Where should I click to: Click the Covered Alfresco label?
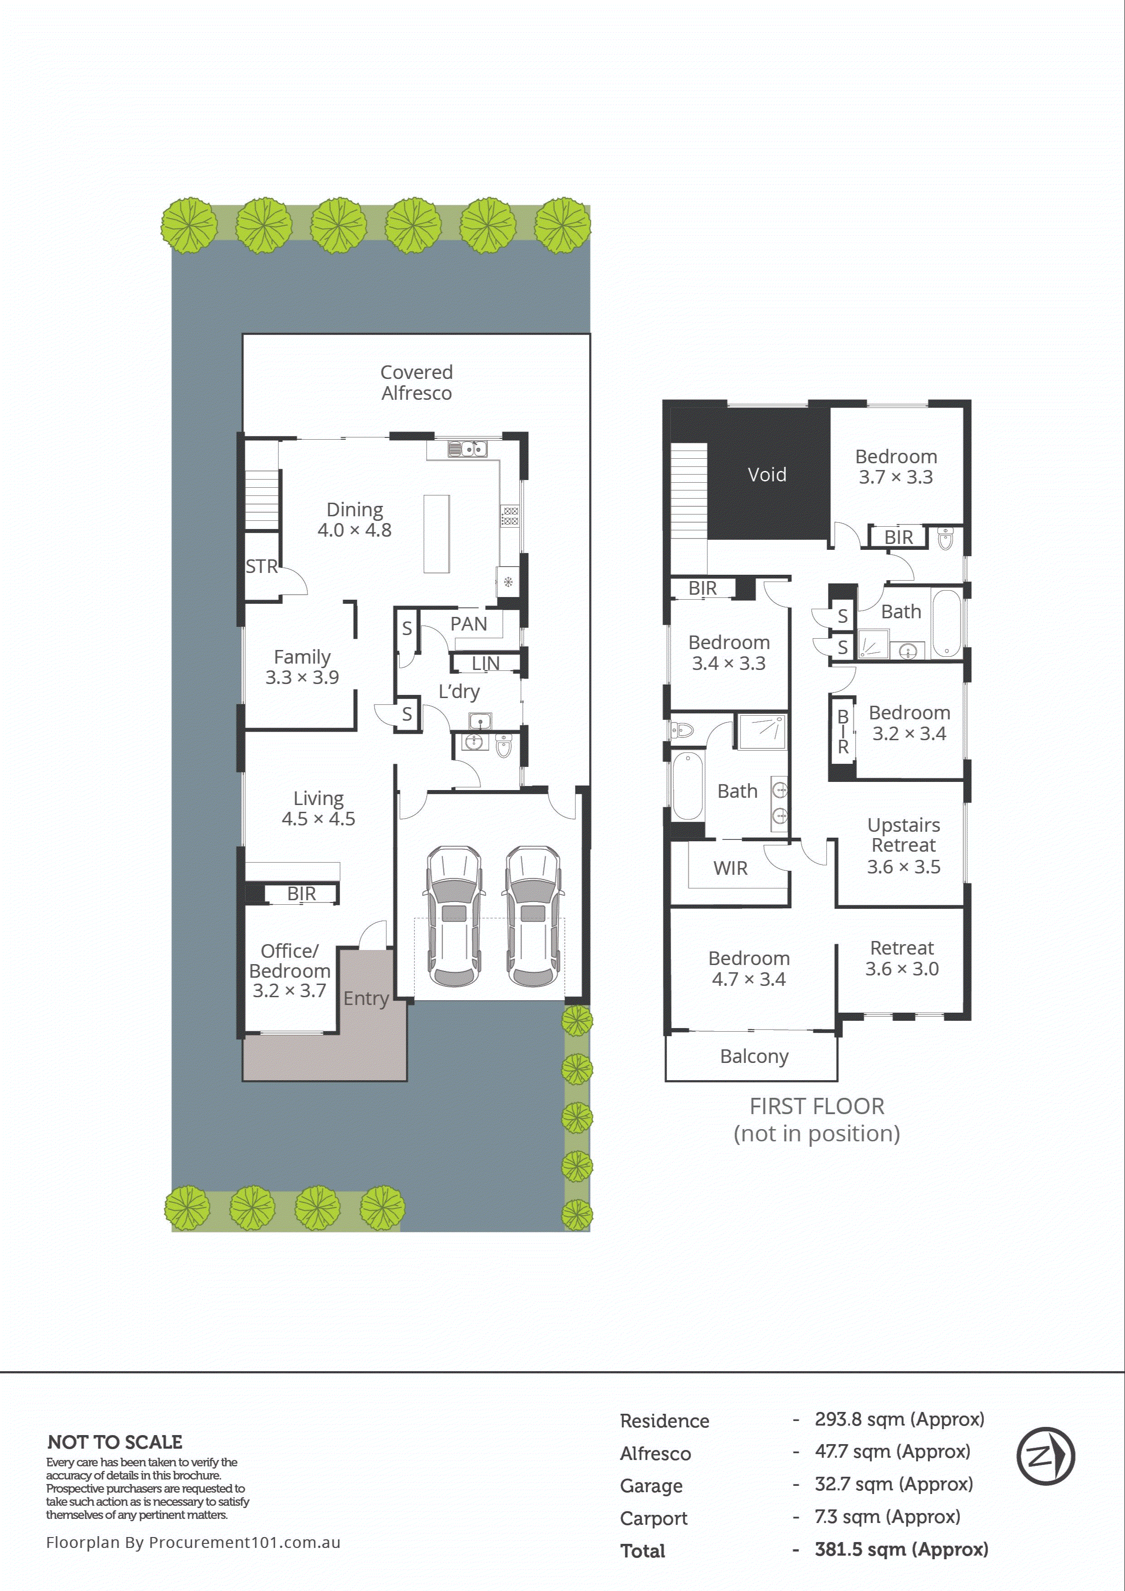pyautogui.click(x=416, y=383)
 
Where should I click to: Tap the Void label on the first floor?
pyautogui.click(x=767, y=475)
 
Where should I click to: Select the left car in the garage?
pyautogui.click(x=454, y=915)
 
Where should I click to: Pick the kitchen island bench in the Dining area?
pyautogui.click(x=437, y=534)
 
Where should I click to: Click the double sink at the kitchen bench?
pyautogui.click(x=468, y=449)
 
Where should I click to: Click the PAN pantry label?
pyautogui.click(x=468, y=624)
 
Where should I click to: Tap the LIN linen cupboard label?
pyautogui.click(x=485, y=663)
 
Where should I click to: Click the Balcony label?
pyautogui.click(x=754, y=1056)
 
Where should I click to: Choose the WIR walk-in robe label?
pyautogui.click(x=730, y=868)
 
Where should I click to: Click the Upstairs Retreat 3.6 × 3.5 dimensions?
pyautogui.click(x=903, y=866)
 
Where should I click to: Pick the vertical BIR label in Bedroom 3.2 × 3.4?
pyautogui.click(x=843, y=732)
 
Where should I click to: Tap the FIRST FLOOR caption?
pyautogui.click(x=817, y=1106)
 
